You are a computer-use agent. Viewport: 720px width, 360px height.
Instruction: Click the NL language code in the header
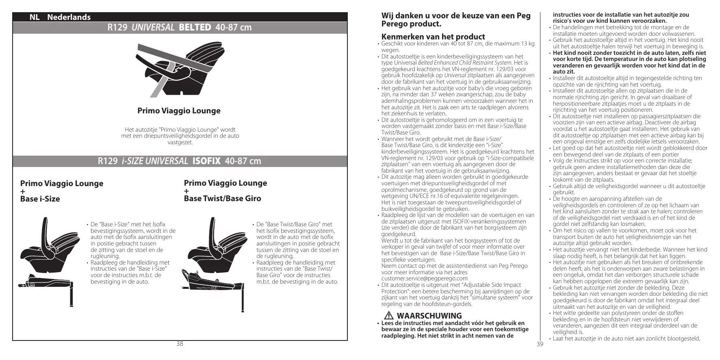(34, 17)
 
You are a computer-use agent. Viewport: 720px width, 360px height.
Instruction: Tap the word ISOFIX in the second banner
(206, 161)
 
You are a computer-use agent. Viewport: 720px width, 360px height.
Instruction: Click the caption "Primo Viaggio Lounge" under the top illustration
(179, 111)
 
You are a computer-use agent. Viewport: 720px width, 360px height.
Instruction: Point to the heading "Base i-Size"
(40, 199)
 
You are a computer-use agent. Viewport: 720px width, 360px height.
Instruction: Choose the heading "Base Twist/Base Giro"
(222, 199)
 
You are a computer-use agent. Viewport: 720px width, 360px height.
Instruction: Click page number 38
(180, 344)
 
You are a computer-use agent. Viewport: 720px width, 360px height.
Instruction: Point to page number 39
(540, 344)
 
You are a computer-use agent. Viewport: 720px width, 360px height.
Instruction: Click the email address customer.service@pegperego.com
(424, 279)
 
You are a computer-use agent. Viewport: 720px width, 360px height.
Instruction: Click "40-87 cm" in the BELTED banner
(234, 28)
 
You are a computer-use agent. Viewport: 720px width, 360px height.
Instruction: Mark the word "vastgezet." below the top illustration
(180, 142)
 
